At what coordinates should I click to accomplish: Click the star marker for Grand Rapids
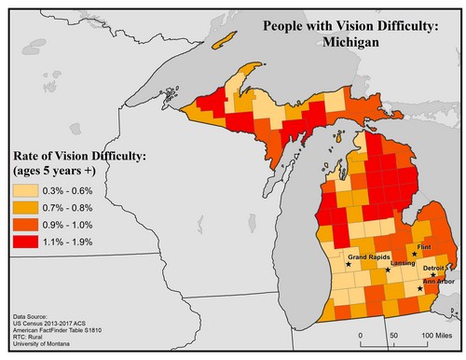[349, 264]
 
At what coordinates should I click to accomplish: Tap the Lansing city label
[403, 263]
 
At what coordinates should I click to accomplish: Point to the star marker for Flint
[414, 254]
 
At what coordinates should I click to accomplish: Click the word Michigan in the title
[349, 44]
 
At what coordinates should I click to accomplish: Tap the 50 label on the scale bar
[394, 334]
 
